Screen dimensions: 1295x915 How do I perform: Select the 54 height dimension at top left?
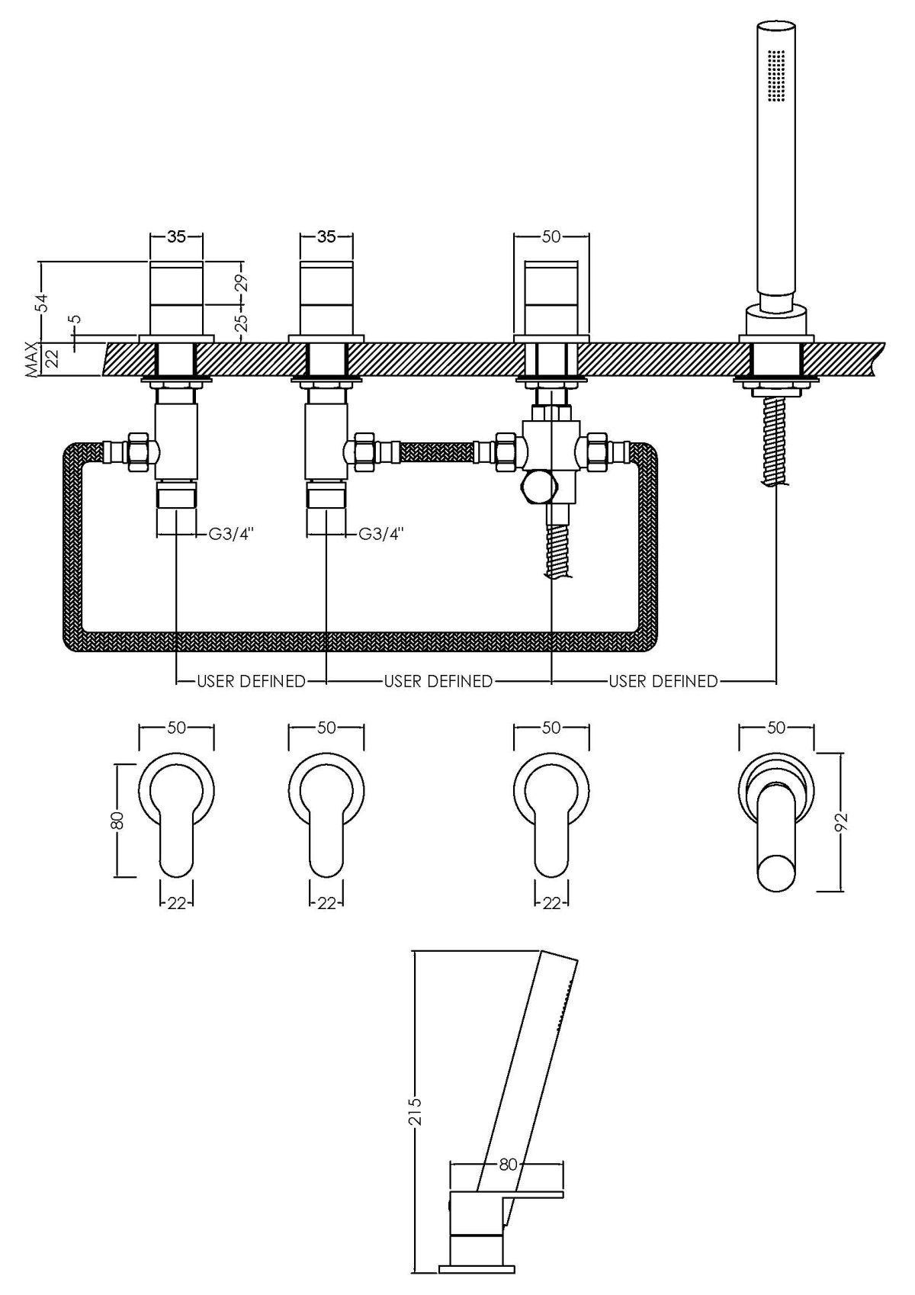(x=43, y=302)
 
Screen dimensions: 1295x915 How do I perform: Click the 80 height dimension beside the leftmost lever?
(x=117, y=821)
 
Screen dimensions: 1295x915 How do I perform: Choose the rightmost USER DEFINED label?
(x=663, y=681)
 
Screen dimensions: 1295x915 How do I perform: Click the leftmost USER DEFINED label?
(x=251, y=681)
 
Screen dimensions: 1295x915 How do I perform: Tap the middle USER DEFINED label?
(x=438, y=681)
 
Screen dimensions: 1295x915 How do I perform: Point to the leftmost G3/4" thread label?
(x=231, y=535)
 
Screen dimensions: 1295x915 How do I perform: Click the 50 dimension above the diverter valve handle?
(x=551, y=236)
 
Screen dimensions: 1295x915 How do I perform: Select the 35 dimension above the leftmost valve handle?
(x=176, y=236)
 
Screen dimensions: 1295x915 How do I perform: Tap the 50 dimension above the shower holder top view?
(x=775, y=728)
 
